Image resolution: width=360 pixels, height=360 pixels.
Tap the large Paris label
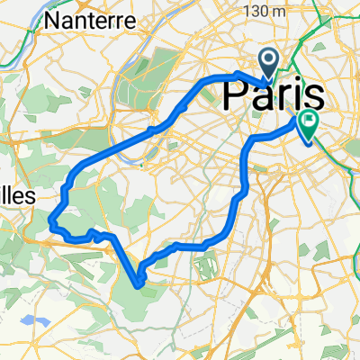coord(273,94)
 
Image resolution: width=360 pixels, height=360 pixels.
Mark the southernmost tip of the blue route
coord(139,285)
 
